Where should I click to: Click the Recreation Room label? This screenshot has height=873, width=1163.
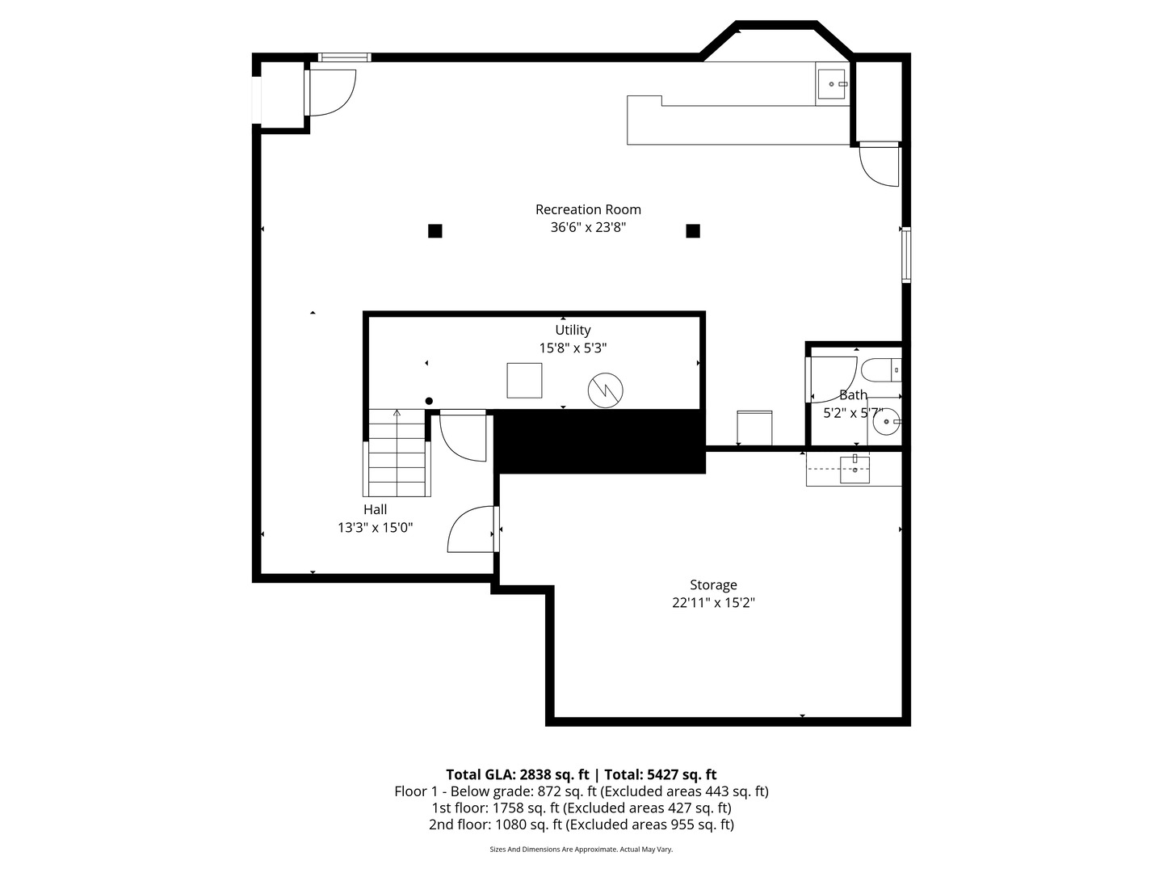pos(588,209)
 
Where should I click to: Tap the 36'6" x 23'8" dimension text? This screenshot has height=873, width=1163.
pos(588,227)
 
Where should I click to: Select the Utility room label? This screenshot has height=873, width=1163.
pos(573,331)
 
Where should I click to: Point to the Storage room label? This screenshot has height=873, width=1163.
pos(713,585)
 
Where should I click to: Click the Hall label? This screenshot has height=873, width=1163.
pos(375,509)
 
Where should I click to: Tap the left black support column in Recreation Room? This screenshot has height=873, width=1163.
pos(435,231)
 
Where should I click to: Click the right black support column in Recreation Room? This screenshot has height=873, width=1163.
pos(693,231)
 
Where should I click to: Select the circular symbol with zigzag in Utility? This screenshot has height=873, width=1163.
pos(606,390)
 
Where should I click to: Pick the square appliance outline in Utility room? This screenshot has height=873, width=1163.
pos(524,381)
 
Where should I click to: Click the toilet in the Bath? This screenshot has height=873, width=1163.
pos(880,370)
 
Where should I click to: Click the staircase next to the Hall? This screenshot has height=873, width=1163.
pos(397,453)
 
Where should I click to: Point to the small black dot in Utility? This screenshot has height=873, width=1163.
pos(429,401)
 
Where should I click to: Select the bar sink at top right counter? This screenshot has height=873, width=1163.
pos(831,84)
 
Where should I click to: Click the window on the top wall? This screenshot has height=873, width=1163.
pos(344,57)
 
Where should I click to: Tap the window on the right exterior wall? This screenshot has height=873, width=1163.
pos(906,255)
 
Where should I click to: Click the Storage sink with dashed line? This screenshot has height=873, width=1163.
pos(854,469)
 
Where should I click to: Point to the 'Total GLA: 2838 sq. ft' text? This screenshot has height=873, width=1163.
pos(517,775)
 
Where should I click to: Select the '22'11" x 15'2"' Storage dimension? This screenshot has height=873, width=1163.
pos(713,603)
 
